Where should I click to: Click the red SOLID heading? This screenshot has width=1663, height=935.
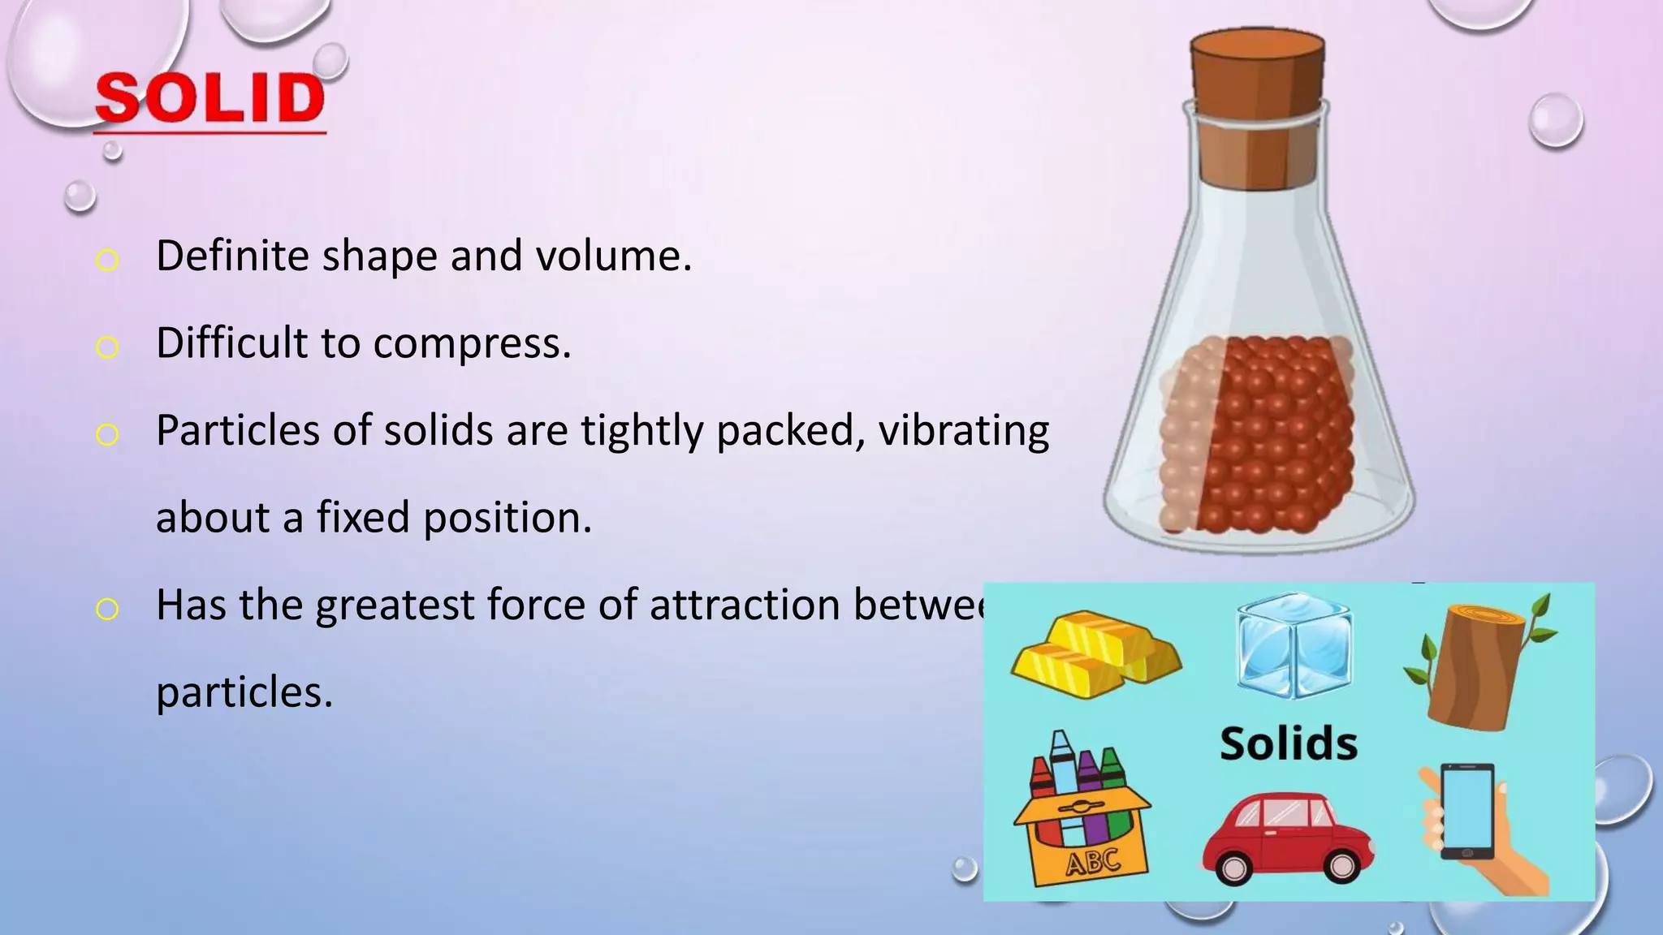click(x=209, y=99)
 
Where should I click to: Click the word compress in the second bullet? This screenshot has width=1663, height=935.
click(x=472, y=344)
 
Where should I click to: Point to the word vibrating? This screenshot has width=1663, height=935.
click(x=963, y=431)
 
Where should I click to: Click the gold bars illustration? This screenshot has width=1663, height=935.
click(x=1094, y=654)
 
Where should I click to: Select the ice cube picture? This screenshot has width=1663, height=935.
click(x=1294, y=646)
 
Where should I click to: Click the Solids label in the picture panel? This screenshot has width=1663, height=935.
click(x=1289, y=743)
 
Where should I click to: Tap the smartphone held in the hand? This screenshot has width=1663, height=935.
click(x=1467, y=812)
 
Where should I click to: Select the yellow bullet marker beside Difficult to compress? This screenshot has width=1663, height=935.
click(x=107, y=347)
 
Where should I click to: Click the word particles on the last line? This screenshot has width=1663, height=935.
click(x=244, y=693)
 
